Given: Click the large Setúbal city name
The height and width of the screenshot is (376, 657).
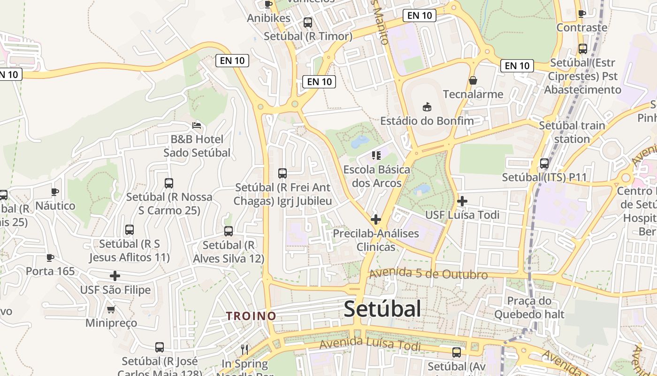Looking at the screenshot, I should pyautogui.click(x=382, y=309).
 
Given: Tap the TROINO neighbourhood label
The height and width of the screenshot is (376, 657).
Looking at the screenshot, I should pyautogui.click(x=251, y=316).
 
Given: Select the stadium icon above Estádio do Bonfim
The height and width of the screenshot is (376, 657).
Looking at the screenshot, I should pyautogui.click(x=427, y=107).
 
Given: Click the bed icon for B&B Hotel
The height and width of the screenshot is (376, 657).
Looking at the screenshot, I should pyautogui.click(x=197, y=125).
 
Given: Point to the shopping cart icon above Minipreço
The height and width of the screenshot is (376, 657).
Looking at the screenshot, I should pyautogui.click(x=111, y=309).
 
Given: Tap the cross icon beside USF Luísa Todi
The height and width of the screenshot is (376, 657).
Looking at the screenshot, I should pyautogui.click(x=462, y=201).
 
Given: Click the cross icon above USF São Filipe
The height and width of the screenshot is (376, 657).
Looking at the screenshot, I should pyautogui.click(x=115, y=276).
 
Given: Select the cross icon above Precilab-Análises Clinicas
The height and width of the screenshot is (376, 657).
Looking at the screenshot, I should pyautogui.click(x=375, y=219).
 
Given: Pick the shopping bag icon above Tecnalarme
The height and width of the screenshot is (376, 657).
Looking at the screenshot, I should pyautogui.click(x=473, y=80).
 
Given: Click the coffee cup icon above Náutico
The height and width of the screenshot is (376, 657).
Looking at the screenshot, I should pyautogui.click(x=55, y=192).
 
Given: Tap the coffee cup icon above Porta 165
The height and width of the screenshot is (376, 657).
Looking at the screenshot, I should pyautogui.click(x=50, y=258).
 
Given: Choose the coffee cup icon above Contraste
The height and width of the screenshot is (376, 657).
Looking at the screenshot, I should pyautogui.click(x=582, y=14).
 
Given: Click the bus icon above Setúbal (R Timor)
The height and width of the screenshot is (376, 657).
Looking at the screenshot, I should pyautogui.click(x=308, y=22).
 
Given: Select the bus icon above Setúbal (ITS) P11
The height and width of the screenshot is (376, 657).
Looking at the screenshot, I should pyautogui.click(x=544, y=164).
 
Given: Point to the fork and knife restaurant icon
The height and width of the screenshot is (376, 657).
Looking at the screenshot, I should pyautogui.click(x=244, y=349).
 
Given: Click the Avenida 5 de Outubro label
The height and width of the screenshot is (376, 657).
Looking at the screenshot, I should pyautogui.click(x=428, y=274).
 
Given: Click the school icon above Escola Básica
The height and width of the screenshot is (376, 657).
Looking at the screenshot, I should pyautogui.click(x=375, y=155).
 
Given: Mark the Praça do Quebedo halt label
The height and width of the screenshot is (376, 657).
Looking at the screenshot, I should pyautogui.click(x=529, y=307).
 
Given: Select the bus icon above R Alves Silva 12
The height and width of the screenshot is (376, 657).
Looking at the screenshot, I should pyautogui.click(x=229, y=231).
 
